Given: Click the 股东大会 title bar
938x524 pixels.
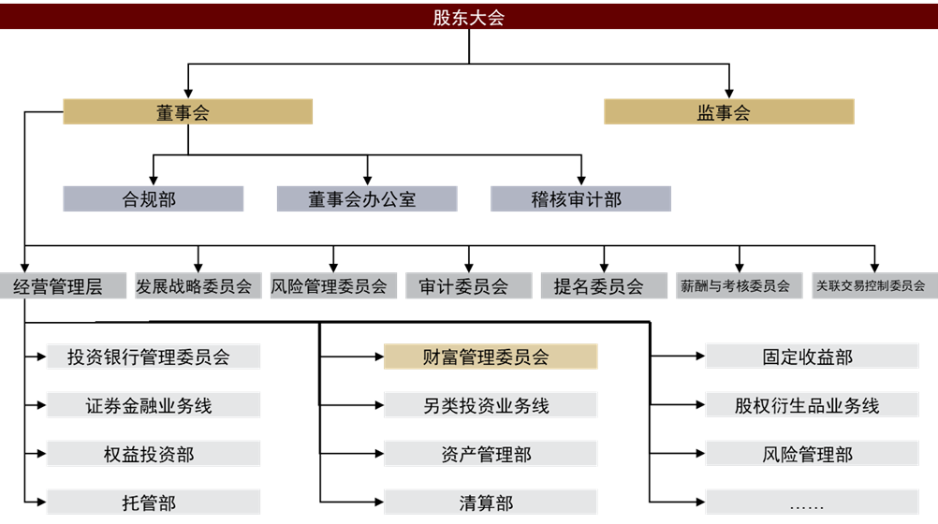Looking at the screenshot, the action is click(x=469, y=17).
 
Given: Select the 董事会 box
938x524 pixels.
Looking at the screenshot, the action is click(x=188, y=112).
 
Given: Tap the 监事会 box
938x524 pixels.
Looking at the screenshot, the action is click(x=728, y=112).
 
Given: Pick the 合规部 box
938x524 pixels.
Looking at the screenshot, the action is click(x=154, y=198).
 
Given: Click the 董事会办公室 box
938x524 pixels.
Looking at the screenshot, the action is click(x=367, y=198).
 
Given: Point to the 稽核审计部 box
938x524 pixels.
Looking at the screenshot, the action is click(x=580, y=198).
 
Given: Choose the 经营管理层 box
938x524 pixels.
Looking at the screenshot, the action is click(x=63, y=286).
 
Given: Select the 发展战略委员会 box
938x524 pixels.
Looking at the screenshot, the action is click(x=198, y=286).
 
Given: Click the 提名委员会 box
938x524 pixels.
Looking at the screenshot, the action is click(x=604, y=286).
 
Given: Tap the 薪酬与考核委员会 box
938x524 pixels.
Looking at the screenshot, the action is click(x=739, y=286).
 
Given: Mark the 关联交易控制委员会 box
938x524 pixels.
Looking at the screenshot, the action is click(x=874, y=286).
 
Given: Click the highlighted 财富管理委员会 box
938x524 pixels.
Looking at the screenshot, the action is click(x=491, y=357).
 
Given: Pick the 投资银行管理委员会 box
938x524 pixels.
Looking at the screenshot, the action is click(x=154, y=357).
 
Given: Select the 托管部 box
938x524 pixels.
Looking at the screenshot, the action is click(x=154, y=502).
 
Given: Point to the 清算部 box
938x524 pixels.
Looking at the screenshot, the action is click(x=491, y=502).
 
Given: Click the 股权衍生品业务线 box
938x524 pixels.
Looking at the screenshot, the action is click(x=812, y=405).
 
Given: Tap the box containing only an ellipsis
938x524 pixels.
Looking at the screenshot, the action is click(x=812, y=502).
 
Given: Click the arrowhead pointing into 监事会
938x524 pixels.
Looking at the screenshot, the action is click(x=728, y=94).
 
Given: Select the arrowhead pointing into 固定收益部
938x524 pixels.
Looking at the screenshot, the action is click(x=700, y=357).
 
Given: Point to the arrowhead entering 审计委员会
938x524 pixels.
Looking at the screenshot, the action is click(x=468, y=268).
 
